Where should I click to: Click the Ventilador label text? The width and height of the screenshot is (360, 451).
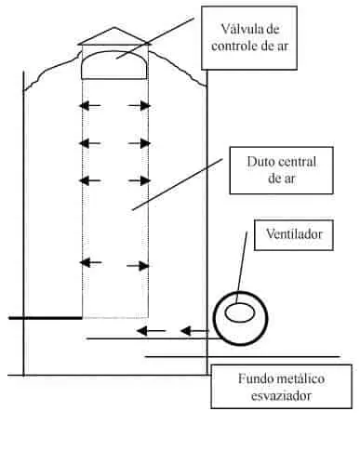coord(291,235)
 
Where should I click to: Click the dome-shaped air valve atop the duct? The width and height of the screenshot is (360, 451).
coord(115,66)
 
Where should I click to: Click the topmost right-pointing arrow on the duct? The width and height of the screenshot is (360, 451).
coord(140,105)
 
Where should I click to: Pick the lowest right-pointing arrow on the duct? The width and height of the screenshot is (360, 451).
coord(140,265)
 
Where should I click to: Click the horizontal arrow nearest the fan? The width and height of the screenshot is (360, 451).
coord(193,330)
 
